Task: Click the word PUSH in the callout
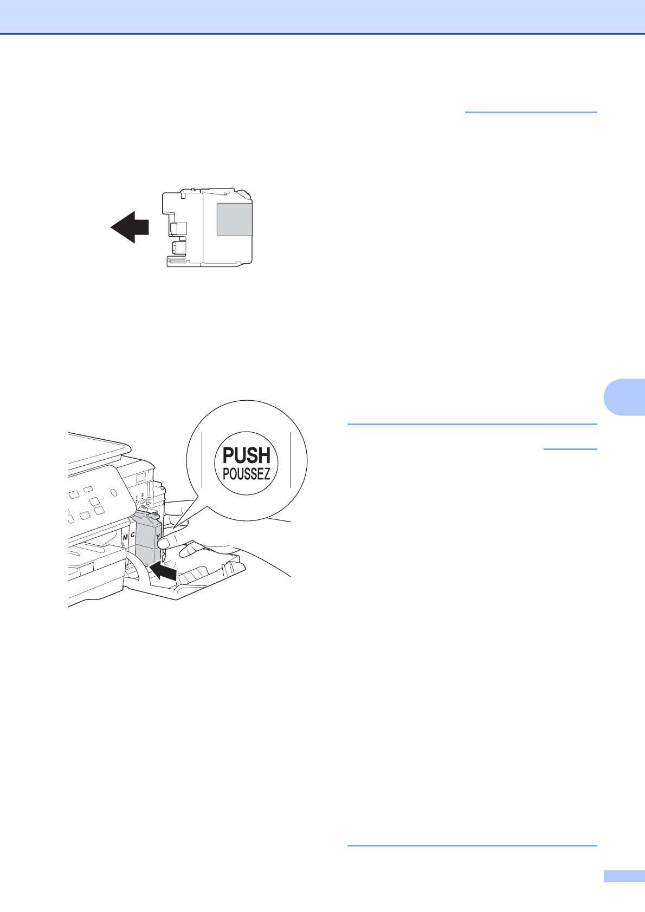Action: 247,455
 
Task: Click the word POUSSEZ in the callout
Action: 247,474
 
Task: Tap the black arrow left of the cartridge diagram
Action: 130,227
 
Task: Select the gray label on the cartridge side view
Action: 234,220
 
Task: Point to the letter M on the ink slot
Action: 125,537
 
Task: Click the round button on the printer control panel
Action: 113,493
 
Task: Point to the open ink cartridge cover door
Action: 206,574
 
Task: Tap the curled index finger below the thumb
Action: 190,550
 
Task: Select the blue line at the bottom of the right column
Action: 472,845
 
